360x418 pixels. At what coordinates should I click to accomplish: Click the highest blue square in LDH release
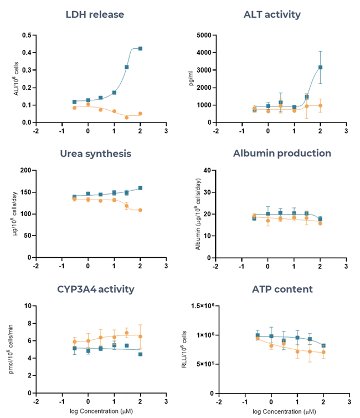[140, 49]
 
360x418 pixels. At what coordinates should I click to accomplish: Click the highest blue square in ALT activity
[320, 67]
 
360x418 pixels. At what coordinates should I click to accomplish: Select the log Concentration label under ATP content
[281, 412]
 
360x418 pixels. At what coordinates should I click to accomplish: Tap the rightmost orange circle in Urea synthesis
[140, 210]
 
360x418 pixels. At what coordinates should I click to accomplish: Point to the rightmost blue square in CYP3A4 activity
[140, 354]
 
